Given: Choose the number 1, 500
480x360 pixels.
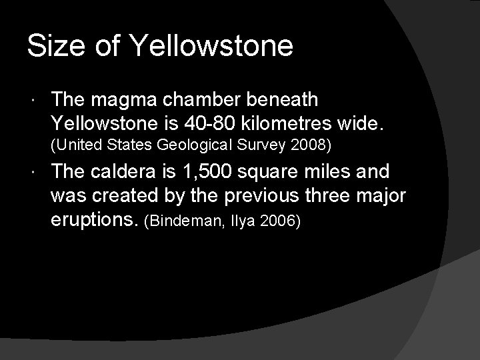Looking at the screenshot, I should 197,173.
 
